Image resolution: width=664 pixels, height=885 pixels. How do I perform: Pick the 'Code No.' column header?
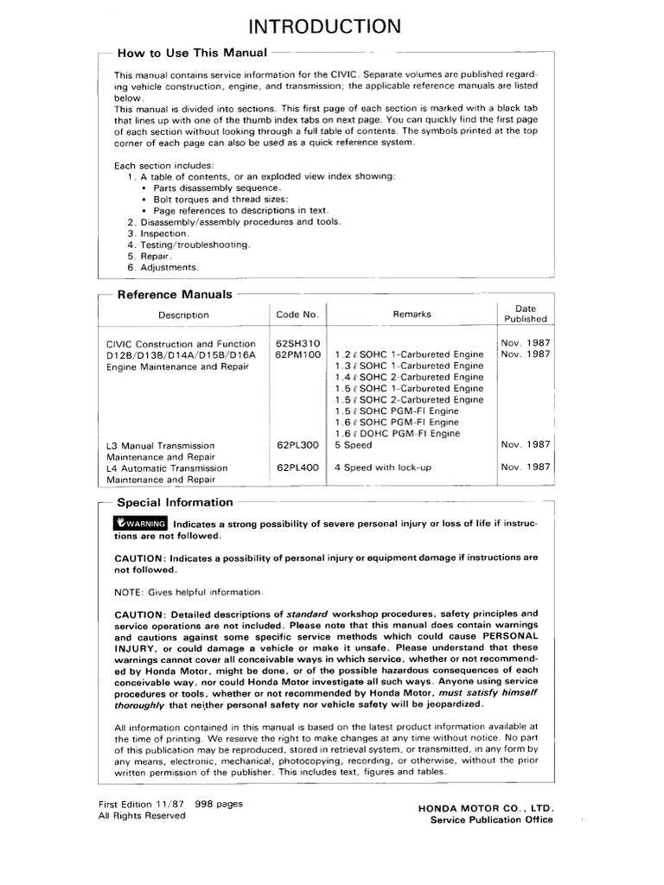[297, 315]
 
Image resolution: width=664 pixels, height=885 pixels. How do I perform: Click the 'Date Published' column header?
[526, 313]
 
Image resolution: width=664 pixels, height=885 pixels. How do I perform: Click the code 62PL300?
[297, 445]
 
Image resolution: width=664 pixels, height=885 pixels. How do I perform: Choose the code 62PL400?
[297, 468]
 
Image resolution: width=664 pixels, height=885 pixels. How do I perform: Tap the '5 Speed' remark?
[353, 445]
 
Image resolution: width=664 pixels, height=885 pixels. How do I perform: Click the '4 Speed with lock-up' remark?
[382, 468]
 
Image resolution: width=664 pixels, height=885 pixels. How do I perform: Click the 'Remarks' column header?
[412, 315]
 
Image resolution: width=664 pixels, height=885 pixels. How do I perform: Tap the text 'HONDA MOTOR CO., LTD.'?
[486, 808]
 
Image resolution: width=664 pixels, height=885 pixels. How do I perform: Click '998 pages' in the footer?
[219, 803]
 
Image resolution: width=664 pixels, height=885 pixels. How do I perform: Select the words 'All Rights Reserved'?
[142, 815]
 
